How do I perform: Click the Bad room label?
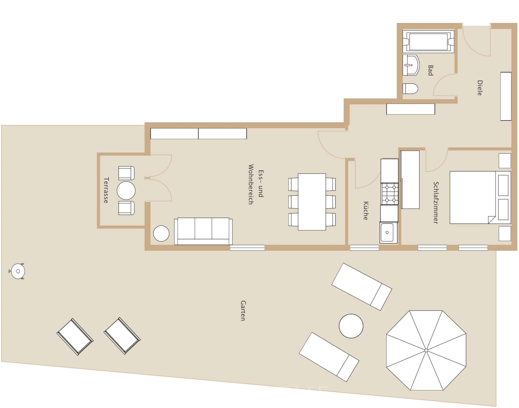pos(430,71)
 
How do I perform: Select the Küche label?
pos(366,211)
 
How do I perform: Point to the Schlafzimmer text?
pos(436,203)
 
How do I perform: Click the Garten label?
pos(243,311)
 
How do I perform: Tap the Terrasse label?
pos(106,190)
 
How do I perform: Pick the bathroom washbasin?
pos(410,65)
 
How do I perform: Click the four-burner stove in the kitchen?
pos(390,194)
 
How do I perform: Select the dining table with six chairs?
pos(312,202)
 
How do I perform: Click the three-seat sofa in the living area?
pos(203,231)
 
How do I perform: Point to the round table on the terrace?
pos(126,190)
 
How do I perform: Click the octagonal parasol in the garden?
pos(426,350)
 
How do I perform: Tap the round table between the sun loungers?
pos(351,326)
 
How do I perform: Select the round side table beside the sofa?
pos(161,233)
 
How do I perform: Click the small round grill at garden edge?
pos(18,271)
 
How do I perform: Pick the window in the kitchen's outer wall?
pos(364,248)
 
